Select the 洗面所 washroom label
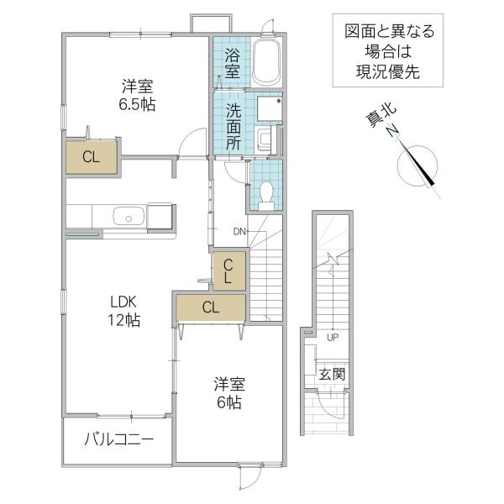click(x=234, y=127)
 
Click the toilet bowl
click(x=266, y=196)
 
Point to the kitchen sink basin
click(x=129, y=216)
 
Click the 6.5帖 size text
click(x=137, y=104)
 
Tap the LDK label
click(x=123, y=302)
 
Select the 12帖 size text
click(x=123, y=320)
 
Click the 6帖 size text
click(x=228, y=402)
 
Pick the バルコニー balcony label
click(x=119, y=439)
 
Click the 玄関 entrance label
click(x=332, y=374)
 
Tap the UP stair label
click(x=333, y=338)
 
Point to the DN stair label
click(x=239, y=232)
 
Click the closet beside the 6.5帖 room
click(x=92, y=157)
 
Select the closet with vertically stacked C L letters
click(x=229, y=271)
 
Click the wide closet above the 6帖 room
click(x=211, y=307)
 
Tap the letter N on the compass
click(x=393, y=131)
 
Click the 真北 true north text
click(x=381, y=116)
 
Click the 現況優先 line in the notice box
click(x=388, y=71)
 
